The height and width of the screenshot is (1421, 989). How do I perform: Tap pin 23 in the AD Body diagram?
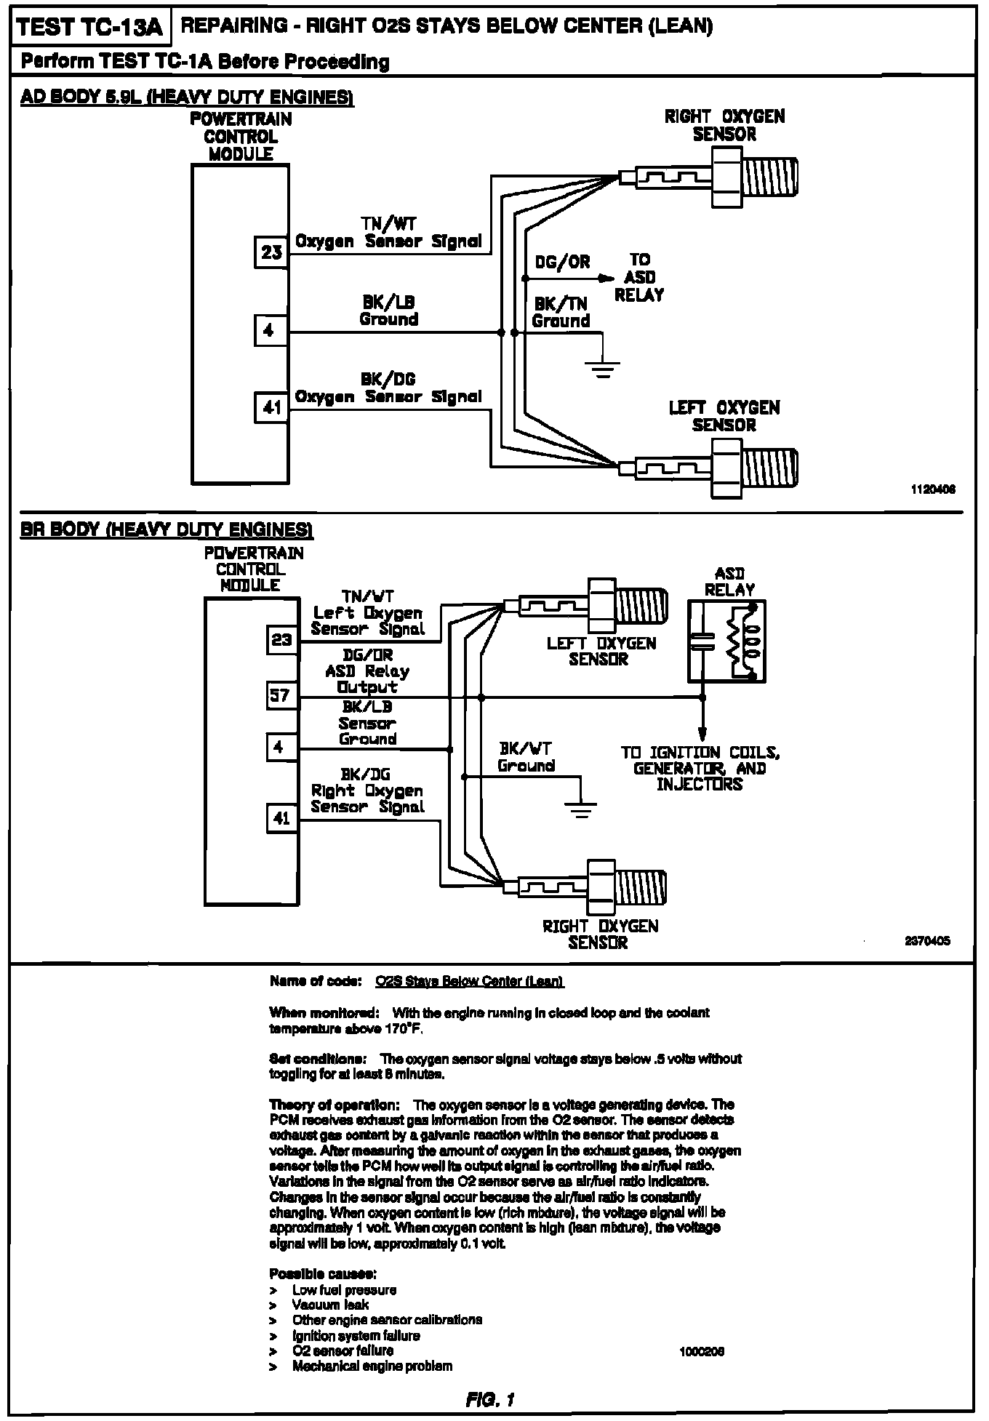point(271,252)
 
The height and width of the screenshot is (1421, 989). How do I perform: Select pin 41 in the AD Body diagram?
point(271,408)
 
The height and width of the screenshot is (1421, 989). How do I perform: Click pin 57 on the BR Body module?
point(281,695)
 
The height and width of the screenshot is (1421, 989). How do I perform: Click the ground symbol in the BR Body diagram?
point(580,809)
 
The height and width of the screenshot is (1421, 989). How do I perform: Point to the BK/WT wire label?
point(526,748)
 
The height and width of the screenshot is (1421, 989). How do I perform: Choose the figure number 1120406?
point(933,489)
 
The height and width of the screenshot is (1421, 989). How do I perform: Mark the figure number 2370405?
point(927,940)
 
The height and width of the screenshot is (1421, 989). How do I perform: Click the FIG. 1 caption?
point(492,1398)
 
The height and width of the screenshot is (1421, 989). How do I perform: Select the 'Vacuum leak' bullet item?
point(330,1305)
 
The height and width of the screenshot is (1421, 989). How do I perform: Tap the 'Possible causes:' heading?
point(323,1273)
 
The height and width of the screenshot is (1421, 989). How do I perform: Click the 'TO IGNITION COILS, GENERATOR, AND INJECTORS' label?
point(700,768)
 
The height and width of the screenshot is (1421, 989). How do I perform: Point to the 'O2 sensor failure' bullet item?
point(343,1350)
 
